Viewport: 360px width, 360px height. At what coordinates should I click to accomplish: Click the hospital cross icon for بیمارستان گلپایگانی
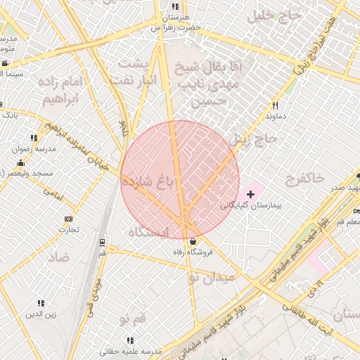250,193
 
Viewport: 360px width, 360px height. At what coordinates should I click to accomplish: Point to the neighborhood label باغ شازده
147,182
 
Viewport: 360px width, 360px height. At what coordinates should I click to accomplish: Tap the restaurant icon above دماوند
275,106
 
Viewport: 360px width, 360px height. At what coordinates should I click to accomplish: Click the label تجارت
68,229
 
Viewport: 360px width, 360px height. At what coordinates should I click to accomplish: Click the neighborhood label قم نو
133,321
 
